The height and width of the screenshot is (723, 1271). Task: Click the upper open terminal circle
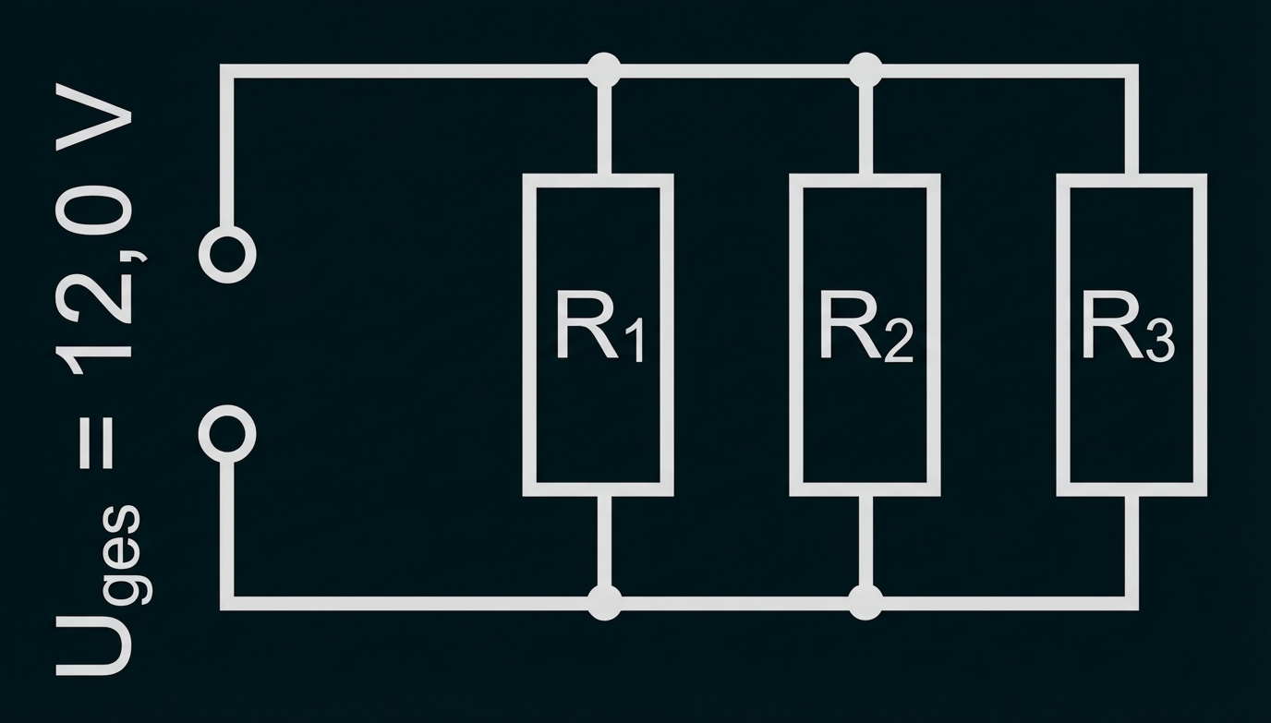[227, 253]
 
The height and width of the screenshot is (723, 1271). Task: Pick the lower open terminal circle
[227, 433]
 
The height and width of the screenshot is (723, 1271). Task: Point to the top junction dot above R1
[604, 70]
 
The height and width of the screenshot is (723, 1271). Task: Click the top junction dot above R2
[865, 70]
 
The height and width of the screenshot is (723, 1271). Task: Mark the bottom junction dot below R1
[604, 602]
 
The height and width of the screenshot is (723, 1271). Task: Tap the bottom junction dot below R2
[865, 602]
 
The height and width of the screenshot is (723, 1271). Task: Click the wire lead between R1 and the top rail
[604, 125]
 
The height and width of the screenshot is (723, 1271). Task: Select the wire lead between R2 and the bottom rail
[865, 547]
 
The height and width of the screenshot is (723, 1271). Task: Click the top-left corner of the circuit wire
[227, 71]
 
